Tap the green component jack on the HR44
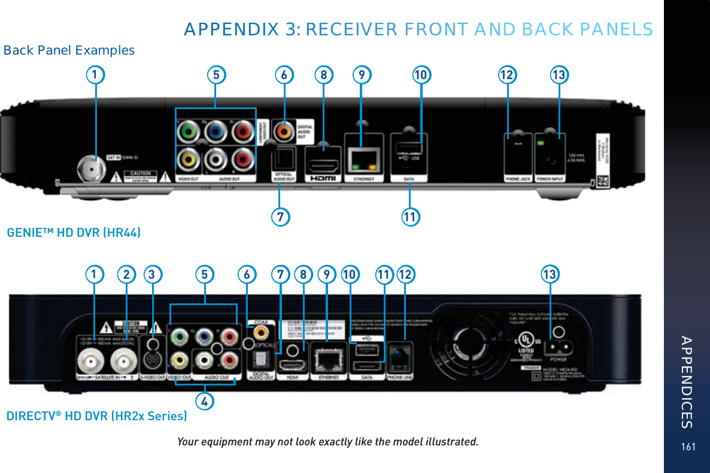[x=189, y=130]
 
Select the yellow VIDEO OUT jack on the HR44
[x=189, y=158]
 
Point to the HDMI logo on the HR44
[x=323, y=178]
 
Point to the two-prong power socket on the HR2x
[x=557, y=348]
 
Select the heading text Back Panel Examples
[x=69, y=50]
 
